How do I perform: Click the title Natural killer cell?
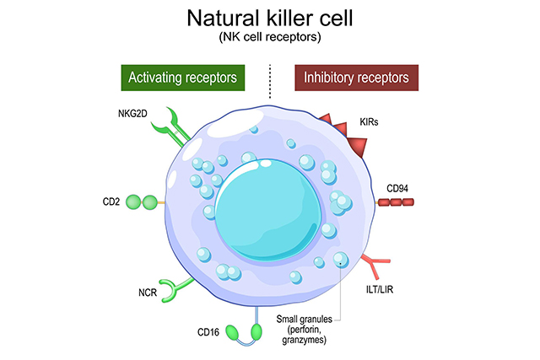click(x=269, y=18)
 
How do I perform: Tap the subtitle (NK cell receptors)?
click(x=269, y=38)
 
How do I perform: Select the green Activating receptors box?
click(x=181, y=78)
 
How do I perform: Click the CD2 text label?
click(x=110, y=202)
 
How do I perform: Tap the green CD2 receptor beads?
click(x=141, y=202)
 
